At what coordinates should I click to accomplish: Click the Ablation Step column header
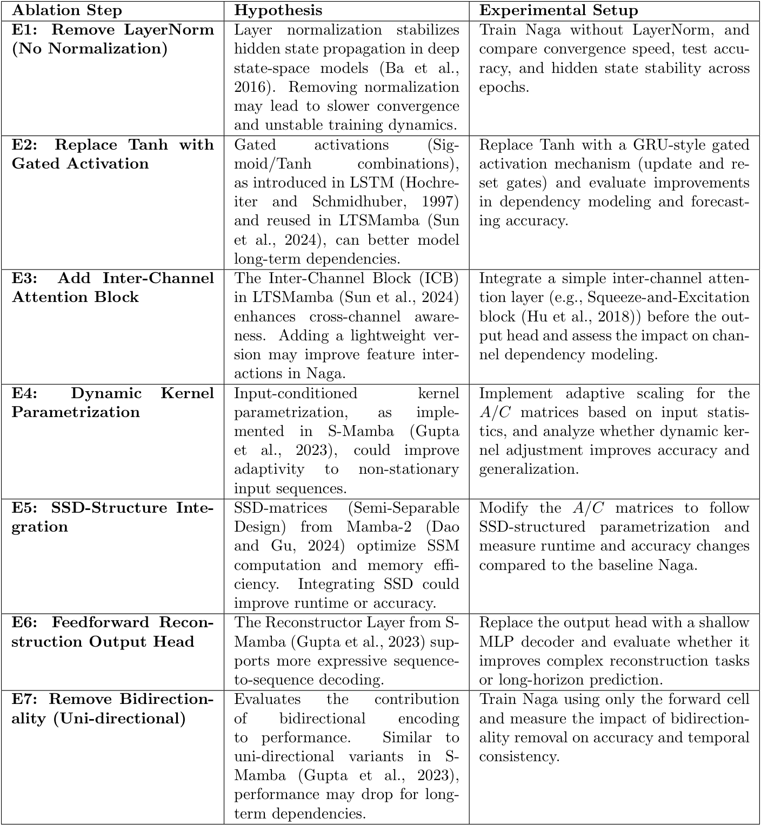(x=67, y=10)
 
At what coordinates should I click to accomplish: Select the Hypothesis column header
(x=278, y=10)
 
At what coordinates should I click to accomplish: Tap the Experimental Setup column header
(x=558, y=10)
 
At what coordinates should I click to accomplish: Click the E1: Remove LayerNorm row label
(x=112, y=39)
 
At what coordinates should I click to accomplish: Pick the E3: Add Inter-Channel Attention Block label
(x=112, y=287)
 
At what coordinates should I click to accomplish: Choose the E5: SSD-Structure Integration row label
(x=112, y=517)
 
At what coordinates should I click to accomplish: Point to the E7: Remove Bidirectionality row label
(x=112, y=709)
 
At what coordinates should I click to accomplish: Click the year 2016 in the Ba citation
(x=251, y=87)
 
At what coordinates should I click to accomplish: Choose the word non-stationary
(x=409, y=469)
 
